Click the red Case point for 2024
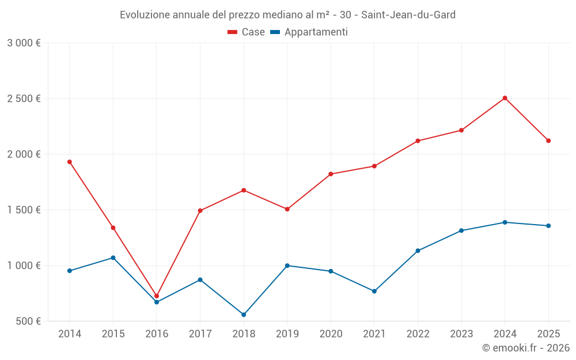tap(505, 98)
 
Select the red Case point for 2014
tap(70, 162)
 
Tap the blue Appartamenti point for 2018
tap(244, 314)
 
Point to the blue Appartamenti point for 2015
tap(113, 257)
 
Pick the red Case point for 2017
tap(200, 211)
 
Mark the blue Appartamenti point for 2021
tap(374, 291)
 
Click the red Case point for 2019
tap(287, 209)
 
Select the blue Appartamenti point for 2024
tap(505, 222)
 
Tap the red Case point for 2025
tap(548, 141)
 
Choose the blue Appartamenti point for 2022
tap(418, 251)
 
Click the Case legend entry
tap(247, 32)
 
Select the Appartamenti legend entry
tap(309, 32)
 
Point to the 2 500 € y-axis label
tap(24, 98)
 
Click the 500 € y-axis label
tap(28, 321)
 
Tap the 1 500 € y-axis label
tap(24, 210)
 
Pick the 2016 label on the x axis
tap(157, 334)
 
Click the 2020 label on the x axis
tap(331, 334)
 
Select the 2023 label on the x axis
tap(461, 334)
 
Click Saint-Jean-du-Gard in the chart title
tap(408, 15)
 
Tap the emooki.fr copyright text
tap(526, 348)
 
